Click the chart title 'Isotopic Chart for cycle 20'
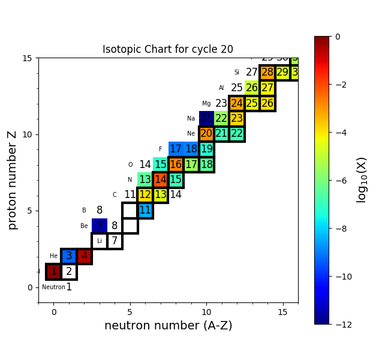tap(168, 50)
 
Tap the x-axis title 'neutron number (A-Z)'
tap(168, 326)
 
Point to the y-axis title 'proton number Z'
tap(13, 180)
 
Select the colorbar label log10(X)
tap(362, 180)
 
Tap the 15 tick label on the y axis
tap(27, 58)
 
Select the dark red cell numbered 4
tap(85, 256)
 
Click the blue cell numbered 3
tap(69, 256)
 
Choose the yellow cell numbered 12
tap(145, 195)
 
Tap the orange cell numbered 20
tap(206, 134)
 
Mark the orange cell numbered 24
tap(237, 103)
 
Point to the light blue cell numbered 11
tap(145, 210)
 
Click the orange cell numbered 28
tap(267, 73)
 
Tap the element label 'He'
tap(54, 256)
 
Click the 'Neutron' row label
tap(53, 287)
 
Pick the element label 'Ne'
tap(191, 134)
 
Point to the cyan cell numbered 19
tap(206, 149)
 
